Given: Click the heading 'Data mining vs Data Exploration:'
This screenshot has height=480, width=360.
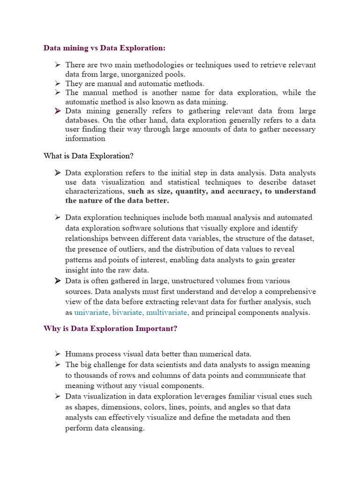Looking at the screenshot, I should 104,48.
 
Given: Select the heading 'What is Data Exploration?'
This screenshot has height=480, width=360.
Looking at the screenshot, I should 89,156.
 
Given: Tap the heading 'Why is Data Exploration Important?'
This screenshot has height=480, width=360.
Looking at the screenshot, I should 110,329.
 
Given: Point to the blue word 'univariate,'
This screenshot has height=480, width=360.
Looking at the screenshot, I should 94,313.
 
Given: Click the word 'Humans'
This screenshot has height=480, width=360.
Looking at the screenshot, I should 80,354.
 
